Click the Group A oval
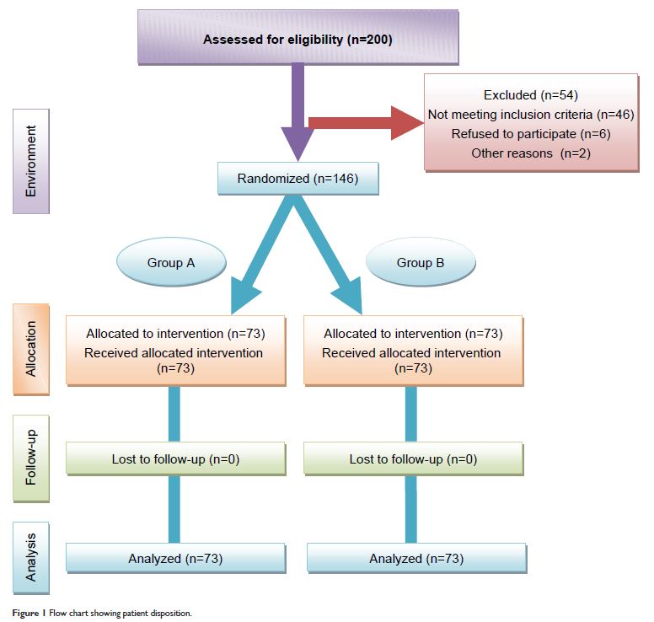tap(171, 263)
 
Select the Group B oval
tap(421, 263)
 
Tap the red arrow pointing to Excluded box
tap(362, 123)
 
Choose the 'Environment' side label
tap(31, 161)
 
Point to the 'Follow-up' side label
tap(31, 459)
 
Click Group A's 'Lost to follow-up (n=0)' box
tap(175, 459)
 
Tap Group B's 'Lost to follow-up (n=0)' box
tap(413, 459)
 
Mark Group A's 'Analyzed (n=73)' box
tap(175, 558)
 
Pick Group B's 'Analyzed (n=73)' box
tap(416, 558)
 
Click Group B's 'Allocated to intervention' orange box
tap(413, 351)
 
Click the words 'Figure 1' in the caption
tap(29, 613)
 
